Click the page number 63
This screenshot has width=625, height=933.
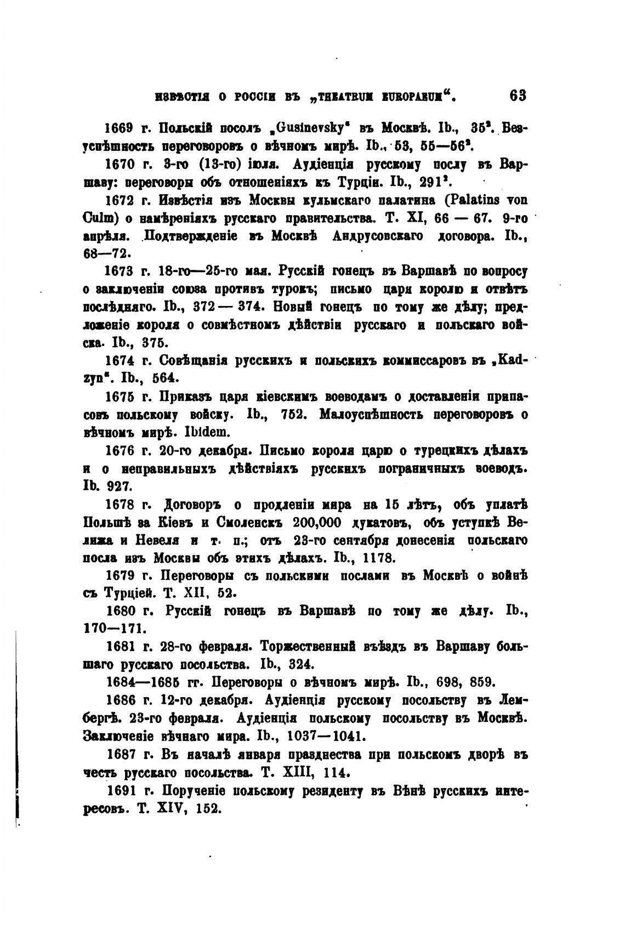[517, 95]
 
